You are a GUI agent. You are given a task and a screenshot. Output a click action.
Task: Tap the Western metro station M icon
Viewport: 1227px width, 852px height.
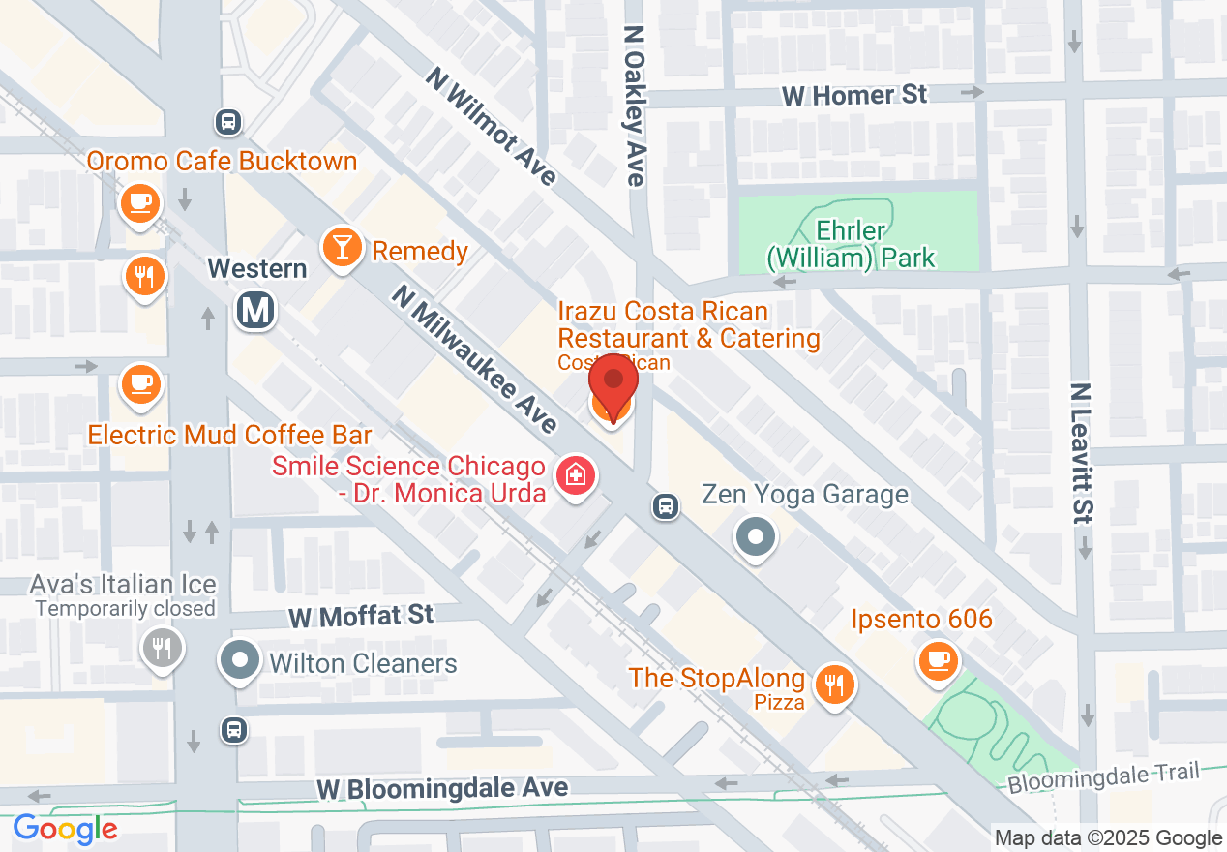point(256,310)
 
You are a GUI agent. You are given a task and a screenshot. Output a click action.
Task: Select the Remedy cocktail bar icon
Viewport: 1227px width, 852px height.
point(342,246)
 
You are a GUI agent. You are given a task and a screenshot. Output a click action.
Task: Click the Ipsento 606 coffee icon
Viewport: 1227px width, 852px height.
point(937,661)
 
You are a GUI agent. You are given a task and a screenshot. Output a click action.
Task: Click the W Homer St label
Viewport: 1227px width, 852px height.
point(854,95)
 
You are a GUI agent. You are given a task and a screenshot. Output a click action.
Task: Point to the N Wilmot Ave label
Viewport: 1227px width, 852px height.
point(491,125)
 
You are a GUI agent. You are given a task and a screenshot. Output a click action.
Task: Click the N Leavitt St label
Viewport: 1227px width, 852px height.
point(1081,453)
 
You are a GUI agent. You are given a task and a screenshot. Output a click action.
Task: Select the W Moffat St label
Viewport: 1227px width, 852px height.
point(361,616)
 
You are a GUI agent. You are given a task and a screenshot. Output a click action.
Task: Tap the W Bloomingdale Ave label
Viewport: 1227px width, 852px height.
point(443,788)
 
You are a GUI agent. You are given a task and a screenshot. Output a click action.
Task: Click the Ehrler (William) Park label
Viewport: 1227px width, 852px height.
point(852,244)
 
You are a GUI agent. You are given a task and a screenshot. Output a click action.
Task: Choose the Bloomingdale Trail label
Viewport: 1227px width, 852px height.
point(1102,776)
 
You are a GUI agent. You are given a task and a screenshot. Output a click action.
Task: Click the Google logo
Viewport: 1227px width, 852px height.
point(65,830)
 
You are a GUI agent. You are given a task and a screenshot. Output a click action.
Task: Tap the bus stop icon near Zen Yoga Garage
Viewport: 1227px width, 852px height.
point(665,504)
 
